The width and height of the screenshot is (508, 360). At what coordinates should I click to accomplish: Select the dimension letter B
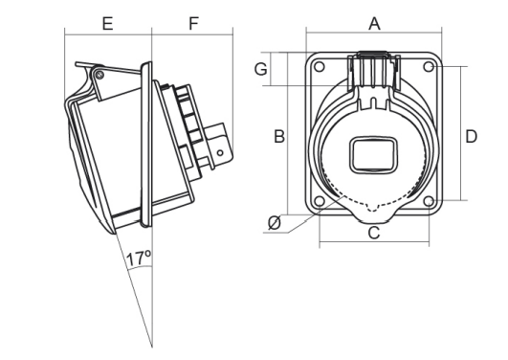tap(279, 136)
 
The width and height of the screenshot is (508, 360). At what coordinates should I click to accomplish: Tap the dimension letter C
tap(374, 232)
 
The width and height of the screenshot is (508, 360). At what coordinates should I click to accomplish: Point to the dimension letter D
tap(471, 136)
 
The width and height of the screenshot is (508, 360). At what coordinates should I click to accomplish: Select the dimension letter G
tap(260, 69)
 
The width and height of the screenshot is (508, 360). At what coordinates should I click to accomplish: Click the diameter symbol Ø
tap(275, 223)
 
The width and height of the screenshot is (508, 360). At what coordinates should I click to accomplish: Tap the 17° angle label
tap(140, 258)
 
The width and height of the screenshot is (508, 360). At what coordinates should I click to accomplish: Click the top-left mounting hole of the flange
tap(320, 67)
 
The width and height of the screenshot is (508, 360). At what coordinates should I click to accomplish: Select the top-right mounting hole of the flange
tap(429, 67)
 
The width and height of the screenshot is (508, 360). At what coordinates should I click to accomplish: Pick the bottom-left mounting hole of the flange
tap(320, 201)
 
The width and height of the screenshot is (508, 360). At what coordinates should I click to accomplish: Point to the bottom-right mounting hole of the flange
tap(429, 201)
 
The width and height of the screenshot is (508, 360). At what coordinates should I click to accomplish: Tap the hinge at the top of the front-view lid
tap(374, 64)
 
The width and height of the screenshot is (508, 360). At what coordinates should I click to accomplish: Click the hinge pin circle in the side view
tap(99, 73)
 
